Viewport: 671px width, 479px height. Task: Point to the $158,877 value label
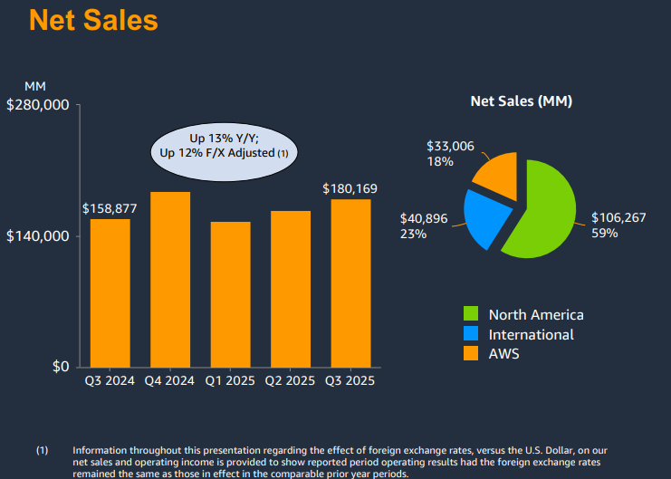coord(110,208)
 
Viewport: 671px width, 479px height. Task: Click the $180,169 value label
coord(350,188)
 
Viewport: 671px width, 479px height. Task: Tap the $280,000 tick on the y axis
coord(38,105)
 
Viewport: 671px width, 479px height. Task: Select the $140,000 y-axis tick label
coord(38,236)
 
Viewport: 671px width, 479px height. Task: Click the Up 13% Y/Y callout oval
coord(224,146)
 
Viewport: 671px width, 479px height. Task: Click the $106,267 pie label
coord(619,217)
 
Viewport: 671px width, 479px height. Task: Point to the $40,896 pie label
coord(425,218)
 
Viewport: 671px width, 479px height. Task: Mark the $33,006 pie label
coord(450,146)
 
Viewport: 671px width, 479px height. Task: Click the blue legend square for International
coord(471,334)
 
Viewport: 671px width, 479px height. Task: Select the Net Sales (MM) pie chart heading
coord(521,101)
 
